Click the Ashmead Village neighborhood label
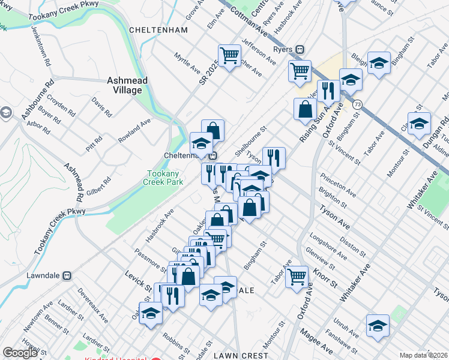(124, 85)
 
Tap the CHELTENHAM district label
(158, 29)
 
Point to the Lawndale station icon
(67, 275)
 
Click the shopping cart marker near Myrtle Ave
(229, 57)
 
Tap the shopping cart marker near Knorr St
(297, 278)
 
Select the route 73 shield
(357, 104)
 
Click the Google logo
(20, 353)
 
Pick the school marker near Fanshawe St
(377, 326)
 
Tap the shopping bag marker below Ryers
(305, 109)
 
